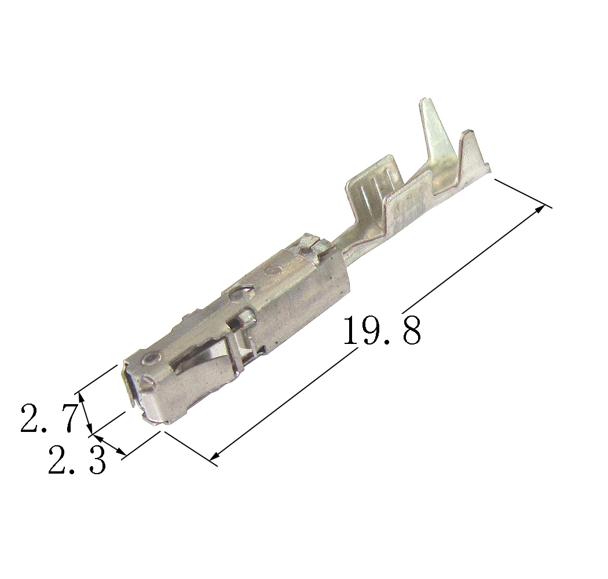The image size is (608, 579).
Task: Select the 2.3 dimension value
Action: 77,460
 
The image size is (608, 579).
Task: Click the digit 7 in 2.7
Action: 65,417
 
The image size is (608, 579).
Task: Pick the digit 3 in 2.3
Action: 96,460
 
